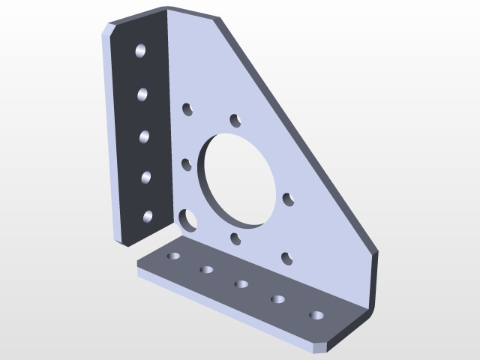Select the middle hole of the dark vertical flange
click(143, 136)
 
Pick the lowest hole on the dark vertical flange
click(147, 217)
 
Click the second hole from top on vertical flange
click(142, 94)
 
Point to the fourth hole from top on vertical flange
click(145, 178)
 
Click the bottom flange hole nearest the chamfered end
click(316, 315)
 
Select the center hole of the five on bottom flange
click(241, 283)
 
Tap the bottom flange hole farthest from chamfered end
click(174, 256)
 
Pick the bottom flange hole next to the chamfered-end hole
click(278, 299)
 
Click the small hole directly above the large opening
click(235, 119)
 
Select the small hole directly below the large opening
click(235, 238)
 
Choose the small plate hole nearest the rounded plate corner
click(286, 258)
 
